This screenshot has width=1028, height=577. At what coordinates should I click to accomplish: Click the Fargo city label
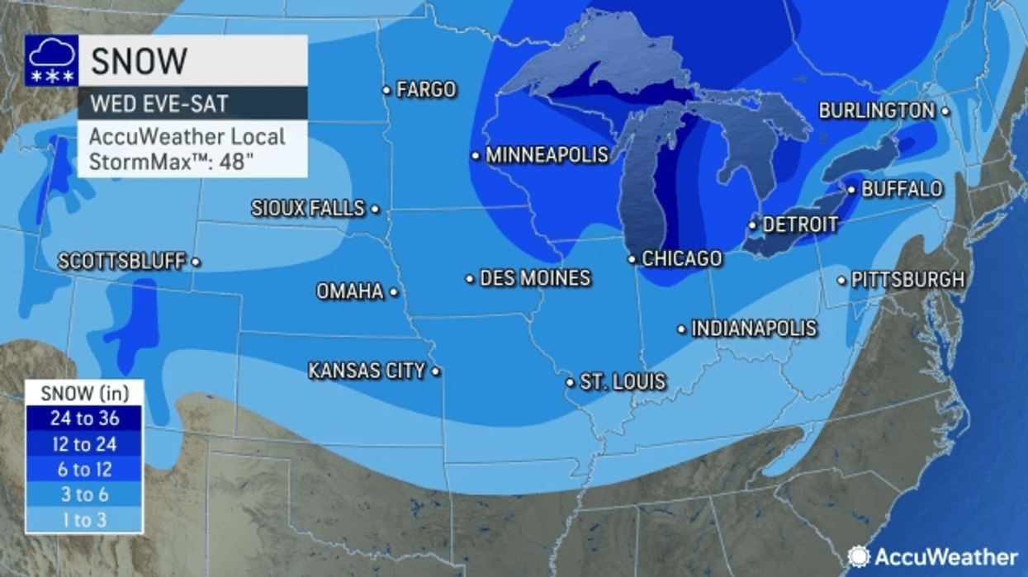coord(426,89)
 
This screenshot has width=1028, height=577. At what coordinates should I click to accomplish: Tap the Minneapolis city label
coord(547,155)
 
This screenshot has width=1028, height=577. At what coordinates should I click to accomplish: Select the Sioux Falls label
coord(308,209)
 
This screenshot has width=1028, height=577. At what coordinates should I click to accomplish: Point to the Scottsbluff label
coord(121,262)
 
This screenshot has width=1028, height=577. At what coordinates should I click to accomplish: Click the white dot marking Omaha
coord(394,291)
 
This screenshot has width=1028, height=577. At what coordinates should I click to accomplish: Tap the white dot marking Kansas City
coord(436,371)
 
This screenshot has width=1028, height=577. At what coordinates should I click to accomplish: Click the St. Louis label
coord(623,382)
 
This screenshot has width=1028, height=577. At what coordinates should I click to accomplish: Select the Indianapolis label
coord(754,329)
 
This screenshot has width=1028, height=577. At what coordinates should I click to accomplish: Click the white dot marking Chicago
coord(632,259)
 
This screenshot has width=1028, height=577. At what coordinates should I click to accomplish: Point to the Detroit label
coord(800,225)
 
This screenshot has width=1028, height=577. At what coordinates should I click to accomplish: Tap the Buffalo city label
coord(902,189)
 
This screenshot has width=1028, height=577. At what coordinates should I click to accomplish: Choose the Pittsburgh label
coord(907,280)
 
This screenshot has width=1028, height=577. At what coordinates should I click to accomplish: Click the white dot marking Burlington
coord(945,111)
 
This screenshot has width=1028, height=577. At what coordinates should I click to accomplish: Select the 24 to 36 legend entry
coord(84,419)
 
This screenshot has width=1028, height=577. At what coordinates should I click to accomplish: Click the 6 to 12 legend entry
coord(84,470)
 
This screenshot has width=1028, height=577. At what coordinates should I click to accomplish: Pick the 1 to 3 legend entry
coord(84,520)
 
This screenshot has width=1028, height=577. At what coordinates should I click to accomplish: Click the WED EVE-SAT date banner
coord(192,104)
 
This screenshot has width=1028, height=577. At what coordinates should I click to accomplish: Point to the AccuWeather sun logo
coord(859,556)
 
